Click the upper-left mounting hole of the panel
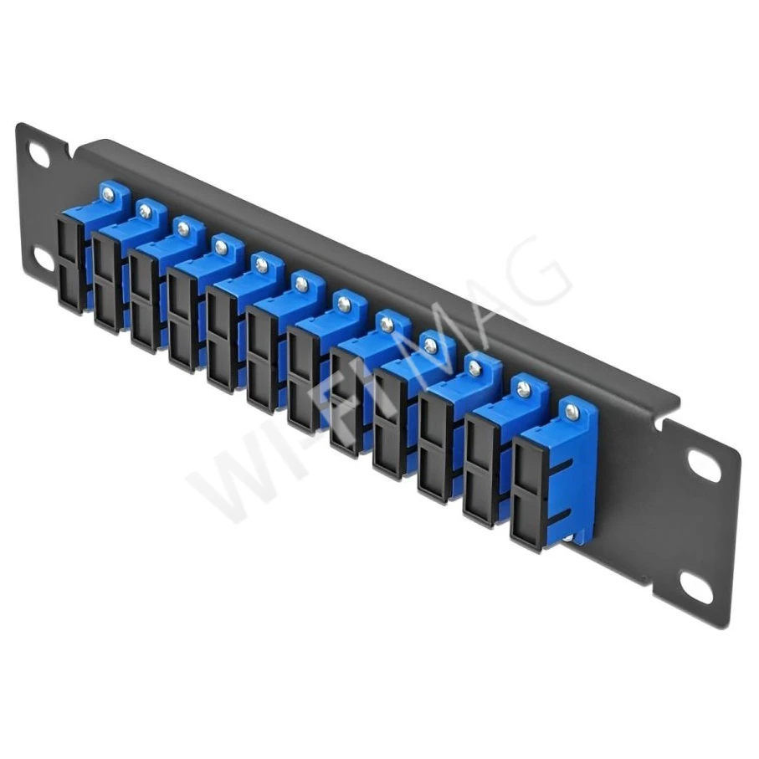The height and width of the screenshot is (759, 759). coord(39,154)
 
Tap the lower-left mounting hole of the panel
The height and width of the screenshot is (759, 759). coord(44,260)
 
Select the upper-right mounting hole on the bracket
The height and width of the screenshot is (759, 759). coord(705,465)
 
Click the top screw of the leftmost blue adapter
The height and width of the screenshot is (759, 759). coord(108,195)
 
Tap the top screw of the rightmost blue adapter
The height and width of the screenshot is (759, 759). coord(572,411)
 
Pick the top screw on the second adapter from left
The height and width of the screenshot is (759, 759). coord(146,211)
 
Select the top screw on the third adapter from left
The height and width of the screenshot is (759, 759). coord(183,228)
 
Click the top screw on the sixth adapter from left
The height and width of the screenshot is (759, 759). coord(301,285)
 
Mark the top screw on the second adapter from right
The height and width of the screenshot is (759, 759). coord(524,388)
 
